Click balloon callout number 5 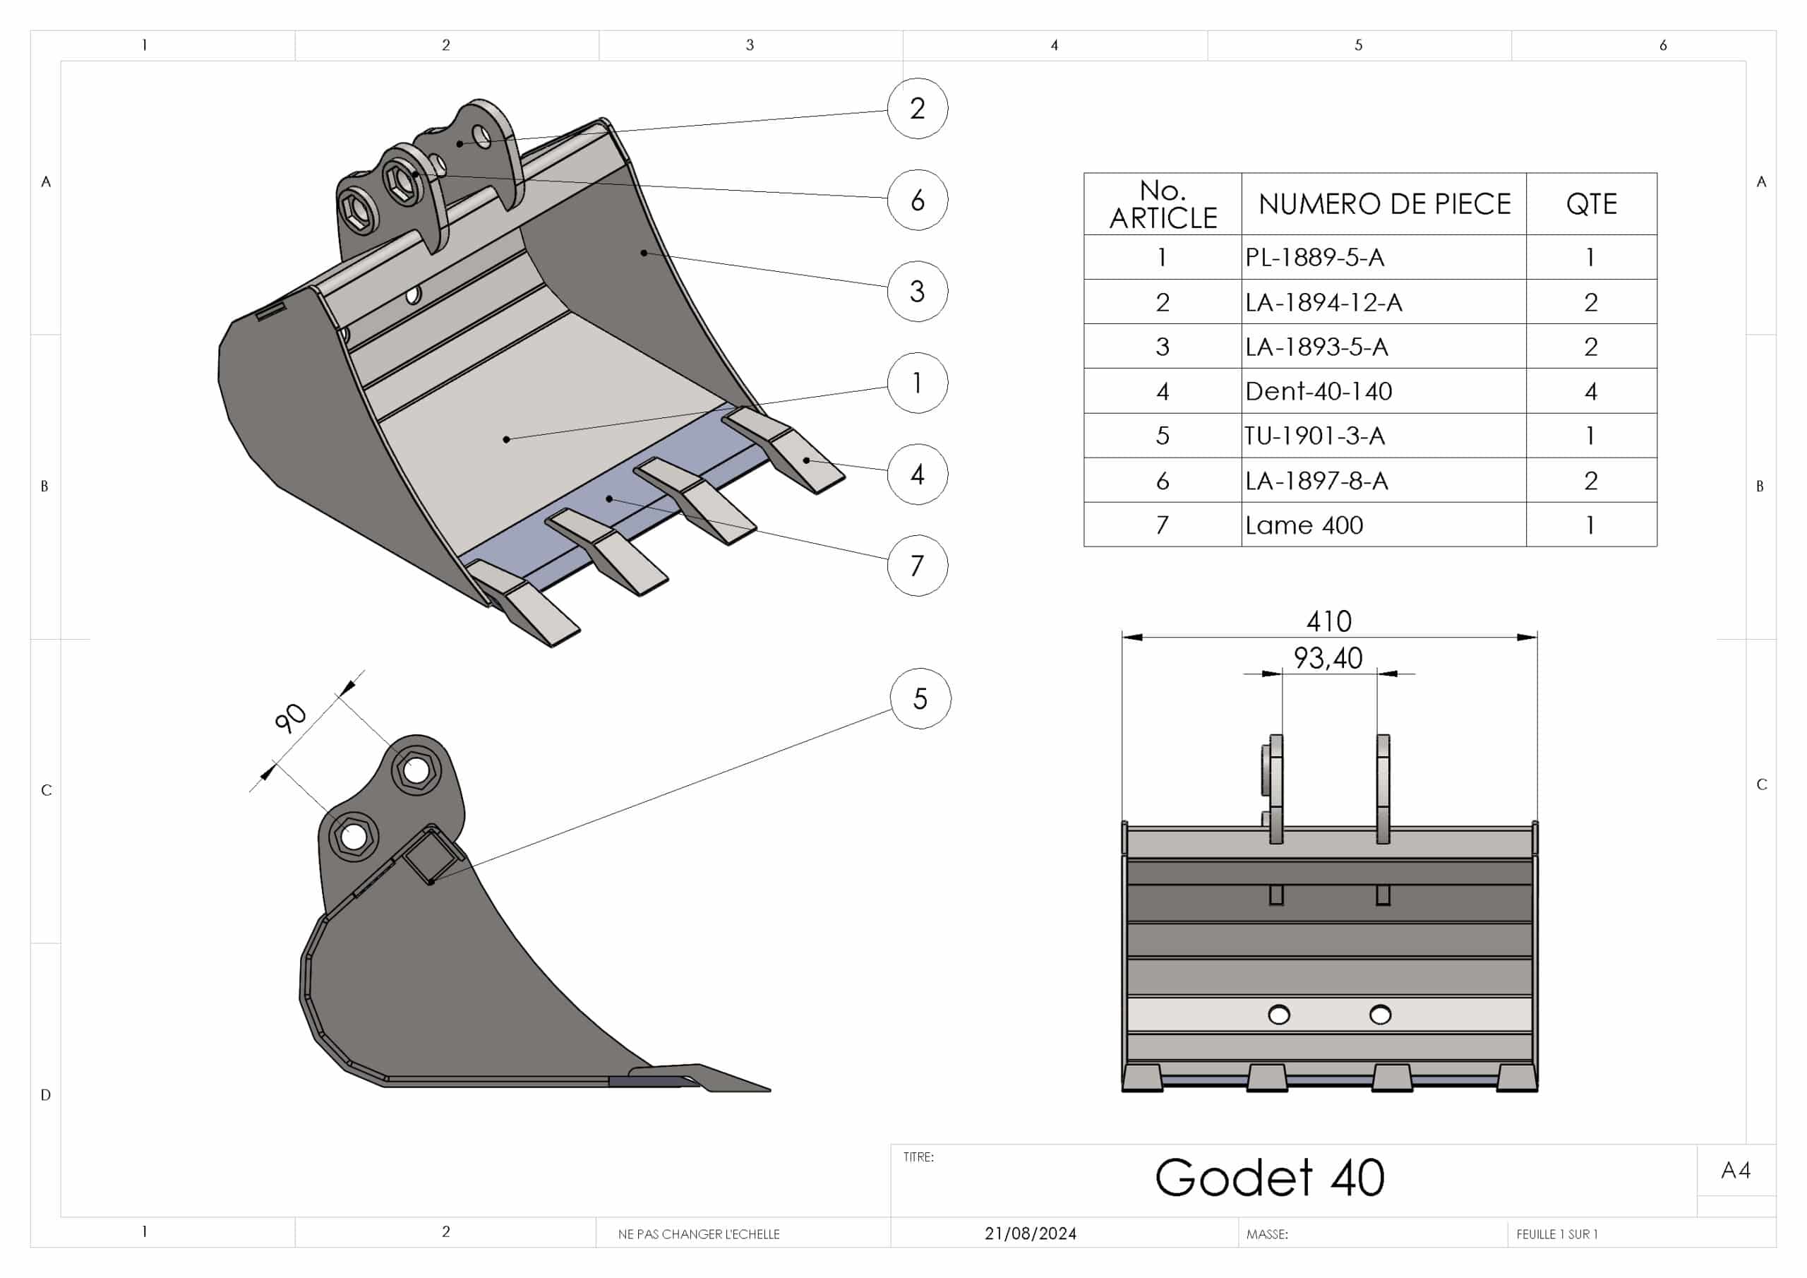pyautogui.click(x=920, y=698)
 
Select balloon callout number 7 pyautogui.click(x=917, y=566)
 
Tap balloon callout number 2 pyautogui.click(x=917, y=109)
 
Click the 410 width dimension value pyautogui.click(x=1328, y=622)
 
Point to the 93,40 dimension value pyautogui.click(x=1328, y=658)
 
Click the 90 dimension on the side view pyautogui.click(x=290, y=717)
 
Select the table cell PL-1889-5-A pyautogui.click(x=1314, y=258)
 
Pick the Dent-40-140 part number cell pyautogui.click(x=1319, y=391)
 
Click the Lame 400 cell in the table pyautogui.click(x=1304, y=525)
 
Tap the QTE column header pyautogui.click(x=1590, y=205)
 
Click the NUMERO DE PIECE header pyautogui.click(x=1383, y=205)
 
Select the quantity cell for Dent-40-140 pyautogui.click(x=1590, y=391)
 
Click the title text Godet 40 pyautogui.click(x=1268, y=1178)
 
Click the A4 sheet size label pyautogui.click(x=1736, y=1171)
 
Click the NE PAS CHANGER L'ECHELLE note pyautogui.click(x=698, y=1235)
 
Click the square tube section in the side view pyautogui.click(x=431, y=856)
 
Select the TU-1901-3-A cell pyautogui.click(x=1314, y=436)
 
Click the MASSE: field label pyautogui.click(x=1267, y=1235)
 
